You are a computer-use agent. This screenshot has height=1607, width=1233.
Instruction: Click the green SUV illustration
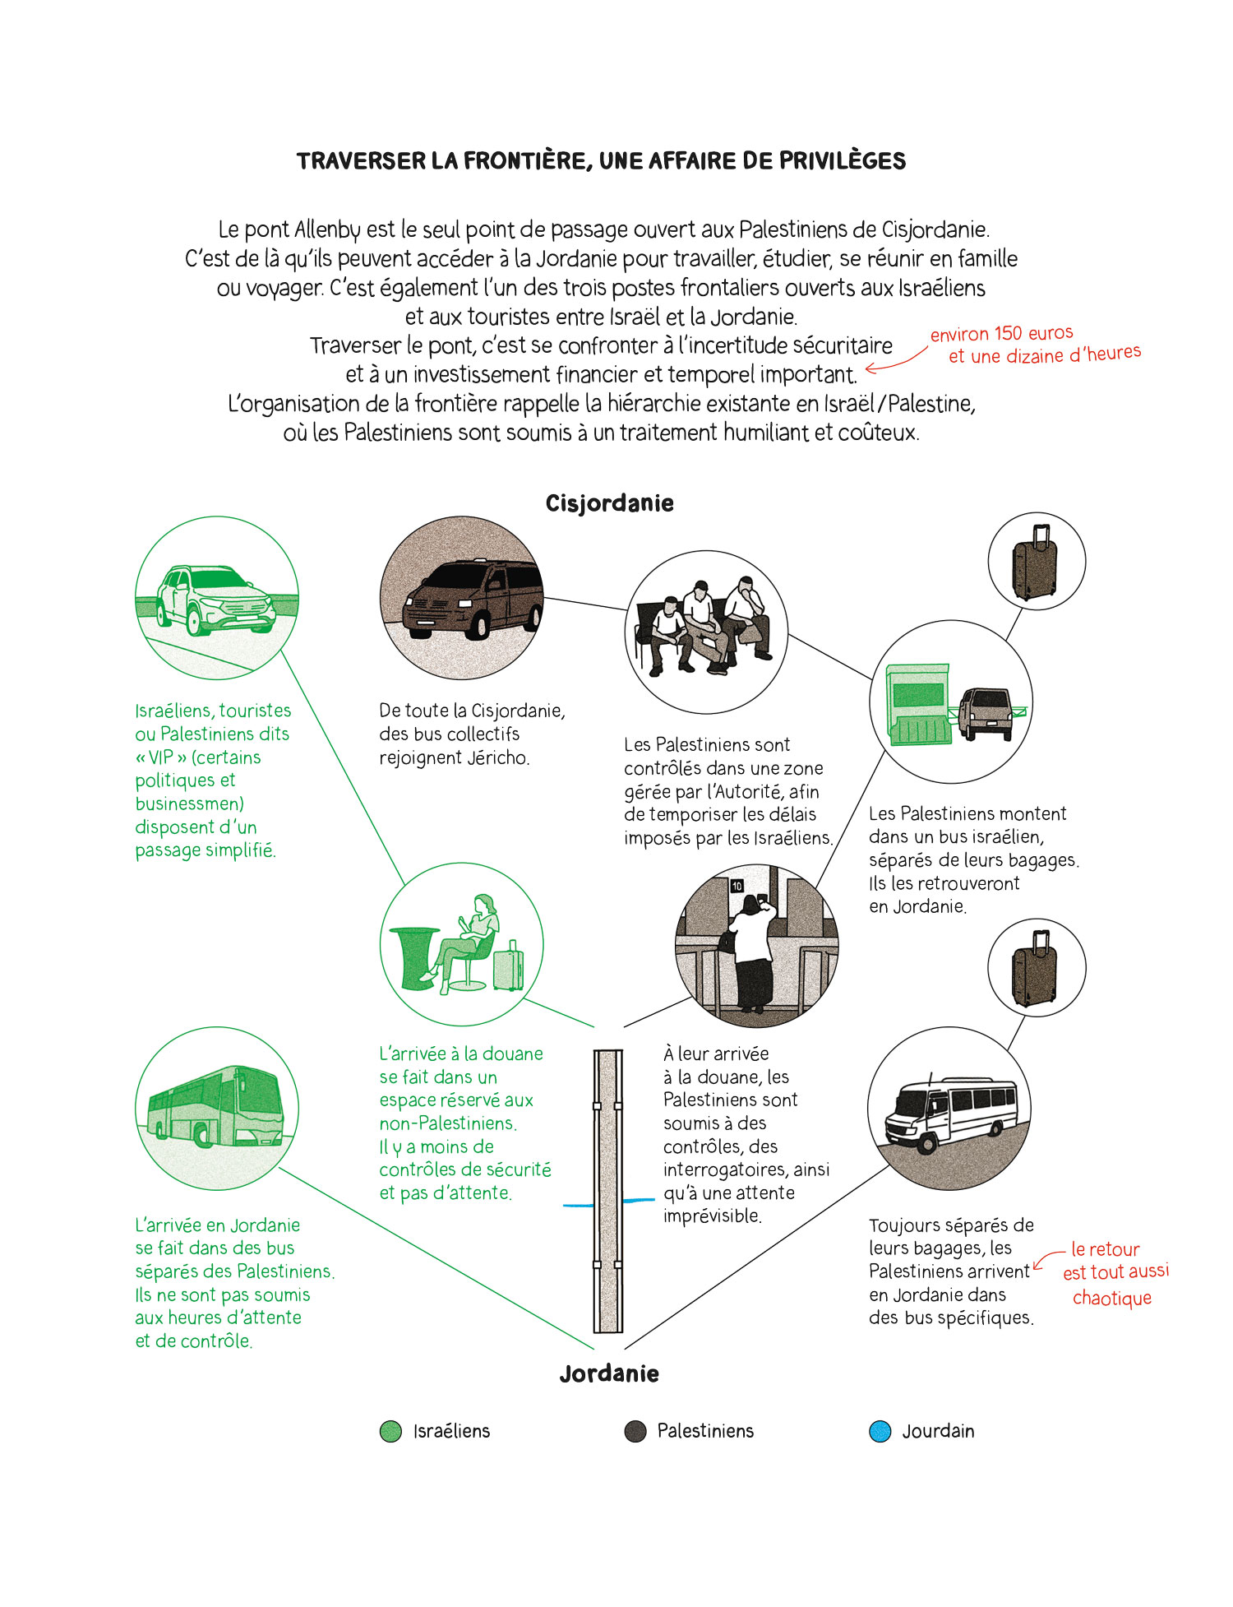tap(215, 600)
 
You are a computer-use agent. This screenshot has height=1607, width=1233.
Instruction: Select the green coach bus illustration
tap(216, 1107)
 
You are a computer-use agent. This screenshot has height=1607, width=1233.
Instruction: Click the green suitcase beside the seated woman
tap(508, 966)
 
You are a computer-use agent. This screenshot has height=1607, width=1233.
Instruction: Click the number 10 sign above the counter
tap(737, 886)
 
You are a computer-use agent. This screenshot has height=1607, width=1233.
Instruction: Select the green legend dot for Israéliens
tap(390, 1431)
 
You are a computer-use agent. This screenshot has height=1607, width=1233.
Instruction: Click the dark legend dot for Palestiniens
tap(635, 1431)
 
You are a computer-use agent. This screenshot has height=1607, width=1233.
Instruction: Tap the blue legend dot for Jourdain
tap(880, 1431)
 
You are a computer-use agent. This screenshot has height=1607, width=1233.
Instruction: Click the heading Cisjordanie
tap(609, 503)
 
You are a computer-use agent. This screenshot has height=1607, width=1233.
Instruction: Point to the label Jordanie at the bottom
tap(609, 1373)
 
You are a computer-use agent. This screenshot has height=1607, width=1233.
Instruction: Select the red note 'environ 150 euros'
tap(1001, 334)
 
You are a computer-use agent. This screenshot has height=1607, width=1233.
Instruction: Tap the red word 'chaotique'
tap(1111, 1299)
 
